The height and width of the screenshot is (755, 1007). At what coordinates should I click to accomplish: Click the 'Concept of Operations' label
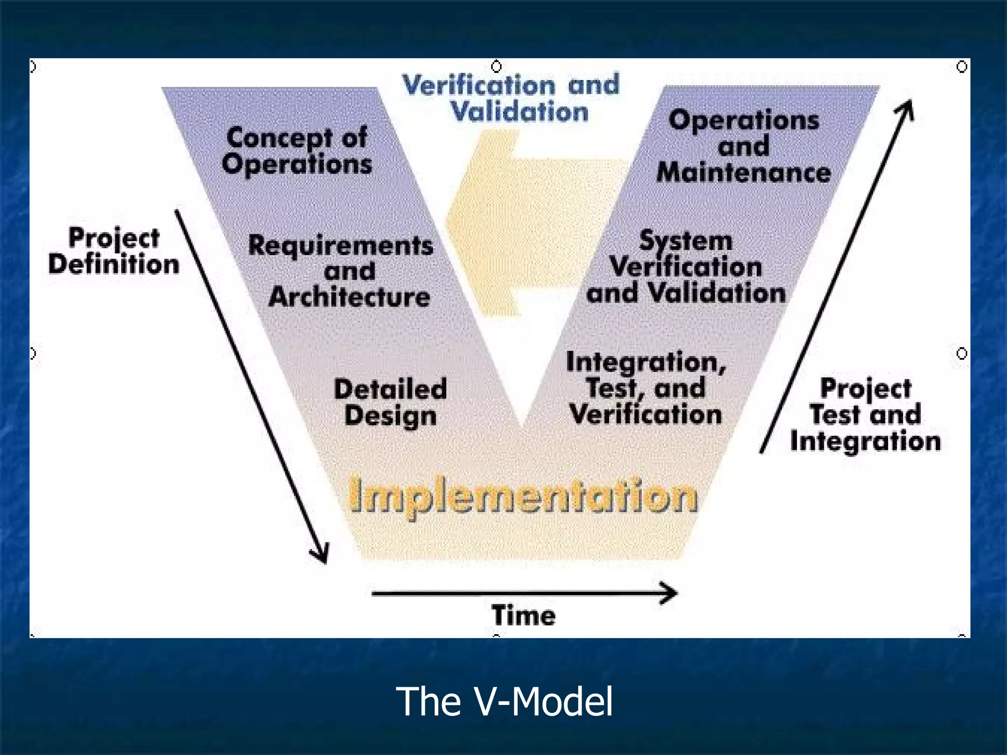pyautogui.click(x=296, y=150)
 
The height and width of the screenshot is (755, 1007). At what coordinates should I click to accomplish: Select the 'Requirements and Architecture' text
pyautogui.click(x=341, y=271)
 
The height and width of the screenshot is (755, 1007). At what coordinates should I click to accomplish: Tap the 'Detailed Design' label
pyautogui.click(x=390, y=402)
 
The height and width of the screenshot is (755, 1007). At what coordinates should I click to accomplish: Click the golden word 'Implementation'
pyautogui.click(x=523, y=495)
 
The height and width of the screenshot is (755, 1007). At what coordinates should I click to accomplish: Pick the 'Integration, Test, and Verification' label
pyautogui.click(x=646, y=388)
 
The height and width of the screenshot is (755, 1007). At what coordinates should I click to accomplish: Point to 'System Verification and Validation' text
pyautogui.click(x=686, y=267)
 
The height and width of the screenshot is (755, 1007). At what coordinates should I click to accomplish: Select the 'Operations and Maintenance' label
pyautogui.click(x=743, y=146)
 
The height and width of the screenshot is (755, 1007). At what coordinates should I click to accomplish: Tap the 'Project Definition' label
pyautogui.click(x=114, y=251)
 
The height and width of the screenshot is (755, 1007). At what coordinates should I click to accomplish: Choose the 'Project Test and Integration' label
pyautogui.click(x=865, y=414)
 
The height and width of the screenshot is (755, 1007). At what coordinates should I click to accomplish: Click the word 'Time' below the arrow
pyautogui.click(x=524, y=615)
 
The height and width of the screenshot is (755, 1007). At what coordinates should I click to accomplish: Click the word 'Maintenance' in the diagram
pyautogui.click(x=743, y=173)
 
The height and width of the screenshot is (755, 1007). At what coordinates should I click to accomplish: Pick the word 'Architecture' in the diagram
pyautogui.click(x=349, y=297)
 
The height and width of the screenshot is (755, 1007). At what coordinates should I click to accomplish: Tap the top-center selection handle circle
pyautogui.click(x=497, y=66)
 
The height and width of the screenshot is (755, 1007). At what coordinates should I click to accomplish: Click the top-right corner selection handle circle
pyautogui.click(x=962, y=66)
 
